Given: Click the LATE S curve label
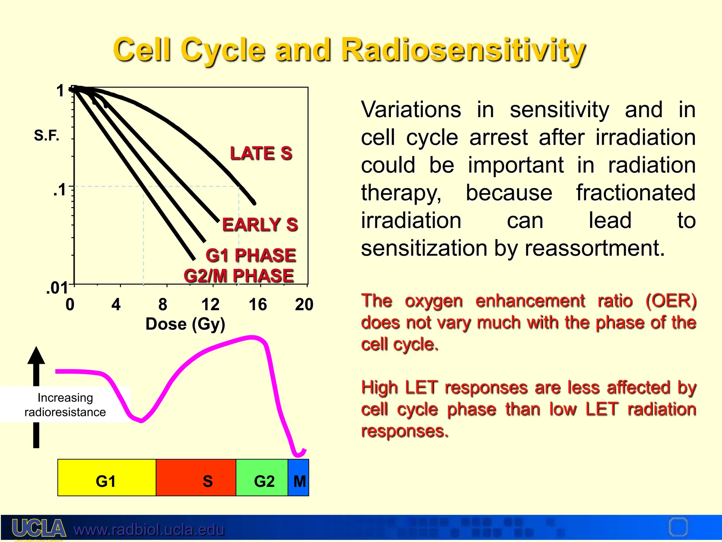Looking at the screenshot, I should point(261,153).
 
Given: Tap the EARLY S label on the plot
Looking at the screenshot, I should point(260,225).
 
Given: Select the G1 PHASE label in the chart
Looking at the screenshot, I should point(251,255).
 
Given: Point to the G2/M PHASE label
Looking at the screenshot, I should point(239,276).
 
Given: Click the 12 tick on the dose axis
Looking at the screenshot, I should point(210,304).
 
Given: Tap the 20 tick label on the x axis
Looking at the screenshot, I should point(304,304).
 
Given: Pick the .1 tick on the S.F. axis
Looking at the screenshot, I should point(60,190).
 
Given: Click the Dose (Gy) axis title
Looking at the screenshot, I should point(185,324).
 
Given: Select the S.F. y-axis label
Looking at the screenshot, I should point(47,135).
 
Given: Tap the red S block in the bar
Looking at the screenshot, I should point(196,478).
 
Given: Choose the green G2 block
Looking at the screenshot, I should point(262,478).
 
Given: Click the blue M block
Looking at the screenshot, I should point(299,478).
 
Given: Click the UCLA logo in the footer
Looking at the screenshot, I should point(39,528).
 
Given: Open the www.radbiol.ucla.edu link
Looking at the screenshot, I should point(149,530).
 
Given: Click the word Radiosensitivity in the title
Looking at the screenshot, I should point(463,50).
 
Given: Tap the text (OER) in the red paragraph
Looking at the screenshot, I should point(671,301).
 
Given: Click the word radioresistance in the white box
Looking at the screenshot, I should point(65,412).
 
